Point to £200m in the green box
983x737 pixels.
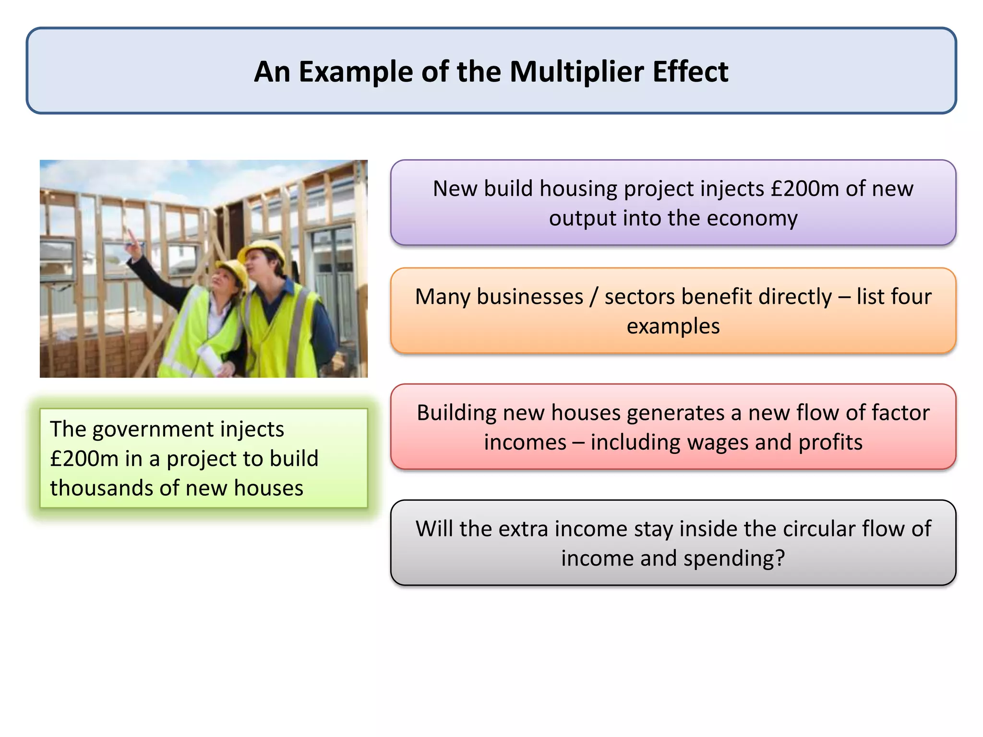coord(84,459)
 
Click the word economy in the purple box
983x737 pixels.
coord(752,218)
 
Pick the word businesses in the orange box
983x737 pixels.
coord(529,297)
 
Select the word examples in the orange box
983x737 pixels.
coord(673,326)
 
